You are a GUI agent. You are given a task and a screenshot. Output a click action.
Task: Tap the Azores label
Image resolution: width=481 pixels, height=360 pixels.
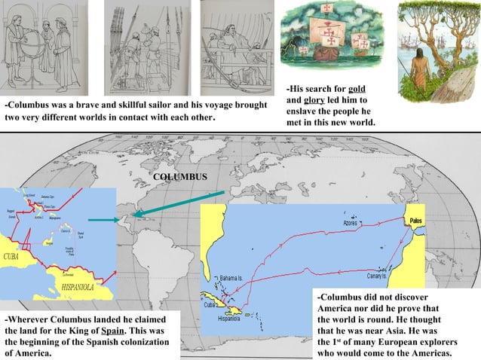[350, 224]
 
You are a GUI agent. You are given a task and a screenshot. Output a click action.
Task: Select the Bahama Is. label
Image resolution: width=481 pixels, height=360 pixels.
[231, 278]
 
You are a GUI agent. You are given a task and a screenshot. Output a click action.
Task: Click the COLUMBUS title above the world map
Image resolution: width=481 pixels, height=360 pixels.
[178, 175]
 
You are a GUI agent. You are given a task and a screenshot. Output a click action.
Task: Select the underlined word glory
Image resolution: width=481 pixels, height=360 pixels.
[314, 100]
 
